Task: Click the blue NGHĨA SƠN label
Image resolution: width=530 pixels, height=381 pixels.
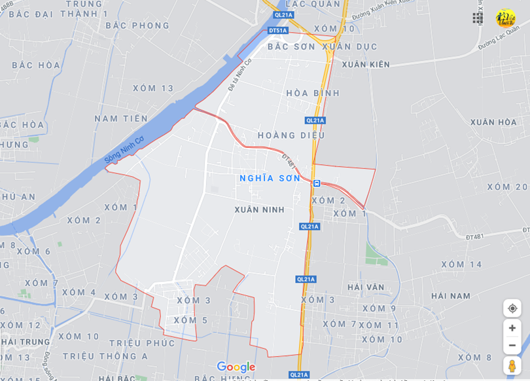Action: point(270,178)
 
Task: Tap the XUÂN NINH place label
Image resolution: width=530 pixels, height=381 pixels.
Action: point(260,209)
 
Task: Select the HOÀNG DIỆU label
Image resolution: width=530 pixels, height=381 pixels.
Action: point(291,136)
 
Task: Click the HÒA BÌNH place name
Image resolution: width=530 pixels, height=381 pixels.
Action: point(313,94)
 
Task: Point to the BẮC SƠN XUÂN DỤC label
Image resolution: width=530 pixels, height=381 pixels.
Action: point(322,47)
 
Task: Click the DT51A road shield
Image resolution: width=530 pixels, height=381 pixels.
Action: point(278,31)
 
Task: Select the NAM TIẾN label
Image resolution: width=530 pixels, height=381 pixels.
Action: point(121,118)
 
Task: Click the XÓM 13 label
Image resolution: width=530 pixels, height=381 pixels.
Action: point(153,88)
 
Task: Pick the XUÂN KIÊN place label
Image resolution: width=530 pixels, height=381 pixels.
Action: point(365,64)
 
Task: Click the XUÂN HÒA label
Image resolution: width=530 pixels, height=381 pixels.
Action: point(493,122)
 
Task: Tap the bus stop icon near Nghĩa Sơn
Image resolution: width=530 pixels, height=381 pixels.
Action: point(317,183)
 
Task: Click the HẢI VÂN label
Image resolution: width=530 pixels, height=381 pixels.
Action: point(366,287)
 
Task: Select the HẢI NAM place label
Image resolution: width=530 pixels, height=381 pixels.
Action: point(451,296)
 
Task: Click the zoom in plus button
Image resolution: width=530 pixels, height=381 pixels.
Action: point(512,328)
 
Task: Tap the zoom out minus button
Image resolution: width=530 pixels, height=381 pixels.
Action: point(512,345)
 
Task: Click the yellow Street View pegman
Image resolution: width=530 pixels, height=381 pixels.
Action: point(512,366)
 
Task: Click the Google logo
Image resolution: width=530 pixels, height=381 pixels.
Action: point(236,367)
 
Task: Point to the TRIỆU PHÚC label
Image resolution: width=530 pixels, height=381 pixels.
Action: point(142,343)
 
